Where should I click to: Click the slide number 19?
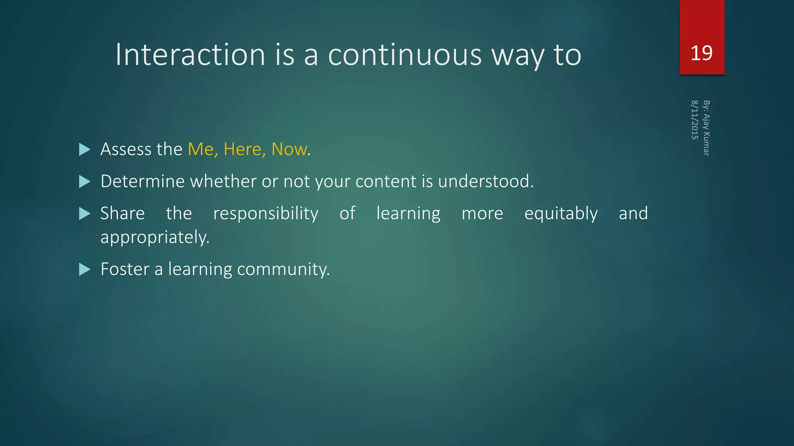pyautogui.click(x=701, y=53)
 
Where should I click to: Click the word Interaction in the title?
pyautogui.click(x=190, y=55)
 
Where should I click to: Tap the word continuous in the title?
pyautogui.click(x=405, y=55)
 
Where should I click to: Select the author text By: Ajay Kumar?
pyautogui.click(x=706, y=128)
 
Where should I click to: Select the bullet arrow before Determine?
pyautogui.click(x=85, y=182)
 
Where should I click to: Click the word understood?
pyautogui.click(x=485, y=182)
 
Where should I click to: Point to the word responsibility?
pyautogui.click(x=266, y=214)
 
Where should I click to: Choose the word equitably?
pyautogui.click(x=561, y=214)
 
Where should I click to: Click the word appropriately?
pyautogui.click(x=155, y=237)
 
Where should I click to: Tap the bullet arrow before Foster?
pyautogui.click(x=85, y=269)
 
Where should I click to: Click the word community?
pyautogui.click(x=283, y=269)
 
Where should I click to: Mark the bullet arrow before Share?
pyautogui.click(x=85, y=214)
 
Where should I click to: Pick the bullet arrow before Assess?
pyautogui.click(x=85, y=149)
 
